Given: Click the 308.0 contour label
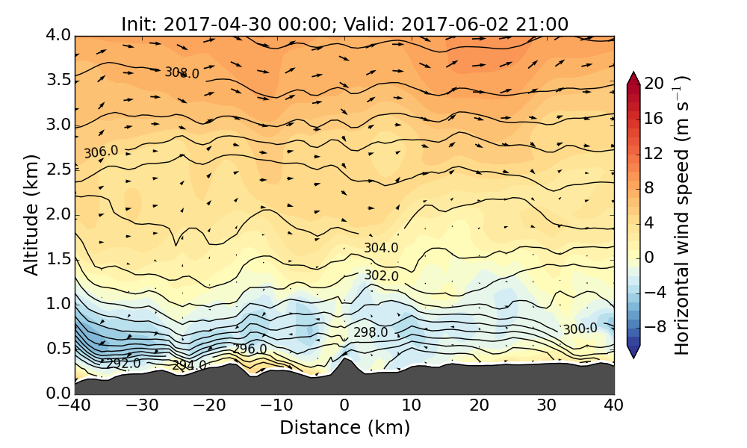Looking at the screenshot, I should pos(182,73).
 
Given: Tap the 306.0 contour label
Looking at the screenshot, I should pos(101,152).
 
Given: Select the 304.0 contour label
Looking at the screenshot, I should pos(381,248).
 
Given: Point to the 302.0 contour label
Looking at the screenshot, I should pos(381,276).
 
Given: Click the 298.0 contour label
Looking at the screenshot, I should pos(371,332).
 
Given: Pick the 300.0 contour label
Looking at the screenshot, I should pos(580,329).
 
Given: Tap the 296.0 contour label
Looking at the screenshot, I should pos(249,349).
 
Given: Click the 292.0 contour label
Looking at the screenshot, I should pos(123,364).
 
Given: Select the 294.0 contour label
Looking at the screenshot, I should pos(189,365).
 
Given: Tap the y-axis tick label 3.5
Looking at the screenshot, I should pos(58,80).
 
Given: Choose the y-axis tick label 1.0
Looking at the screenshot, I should pos(58,304).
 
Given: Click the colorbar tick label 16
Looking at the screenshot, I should pos(654,118).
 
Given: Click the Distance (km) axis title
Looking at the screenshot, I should pos(344,428).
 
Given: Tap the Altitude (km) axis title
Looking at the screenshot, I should pos(31,215).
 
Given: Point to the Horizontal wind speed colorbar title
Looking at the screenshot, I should pos(682,215).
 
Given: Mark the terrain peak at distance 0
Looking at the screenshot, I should pos(344,360).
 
